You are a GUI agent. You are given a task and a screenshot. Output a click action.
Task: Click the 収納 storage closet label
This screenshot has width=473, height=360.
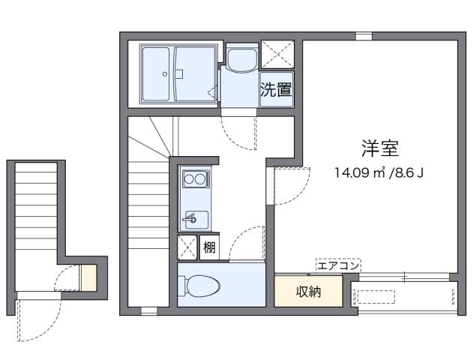(308, 292)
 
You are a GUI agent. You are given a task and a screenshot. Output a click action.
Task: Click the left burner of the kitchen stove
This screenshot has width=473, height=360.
(190, 178)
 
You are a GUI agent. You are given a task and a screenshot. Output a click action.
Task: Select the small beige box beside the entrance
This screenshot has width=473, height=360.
(88, 277)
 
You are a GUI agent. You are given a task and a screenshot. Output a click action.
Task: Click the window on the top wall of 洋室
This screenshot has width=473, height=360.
(364, 36)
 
